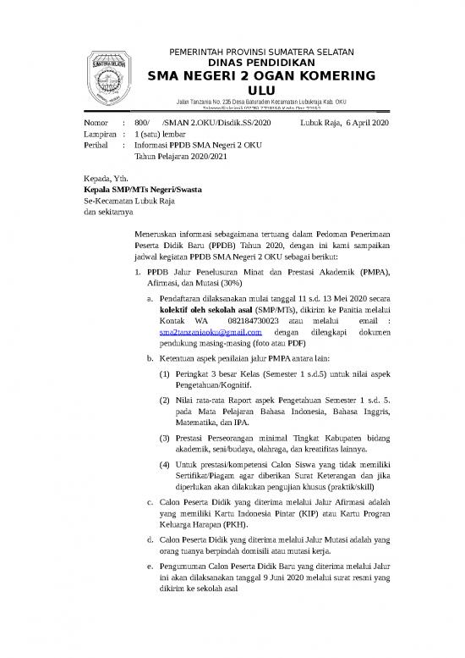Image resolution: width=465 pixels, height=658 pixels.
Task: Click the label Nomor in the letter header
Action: tap(96, 123)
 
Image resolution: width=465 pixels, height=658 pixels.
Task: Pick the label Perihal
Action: tap(96, 145)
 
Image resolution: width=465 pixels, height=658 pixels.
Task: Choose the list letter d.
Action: tap(150, 536)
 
